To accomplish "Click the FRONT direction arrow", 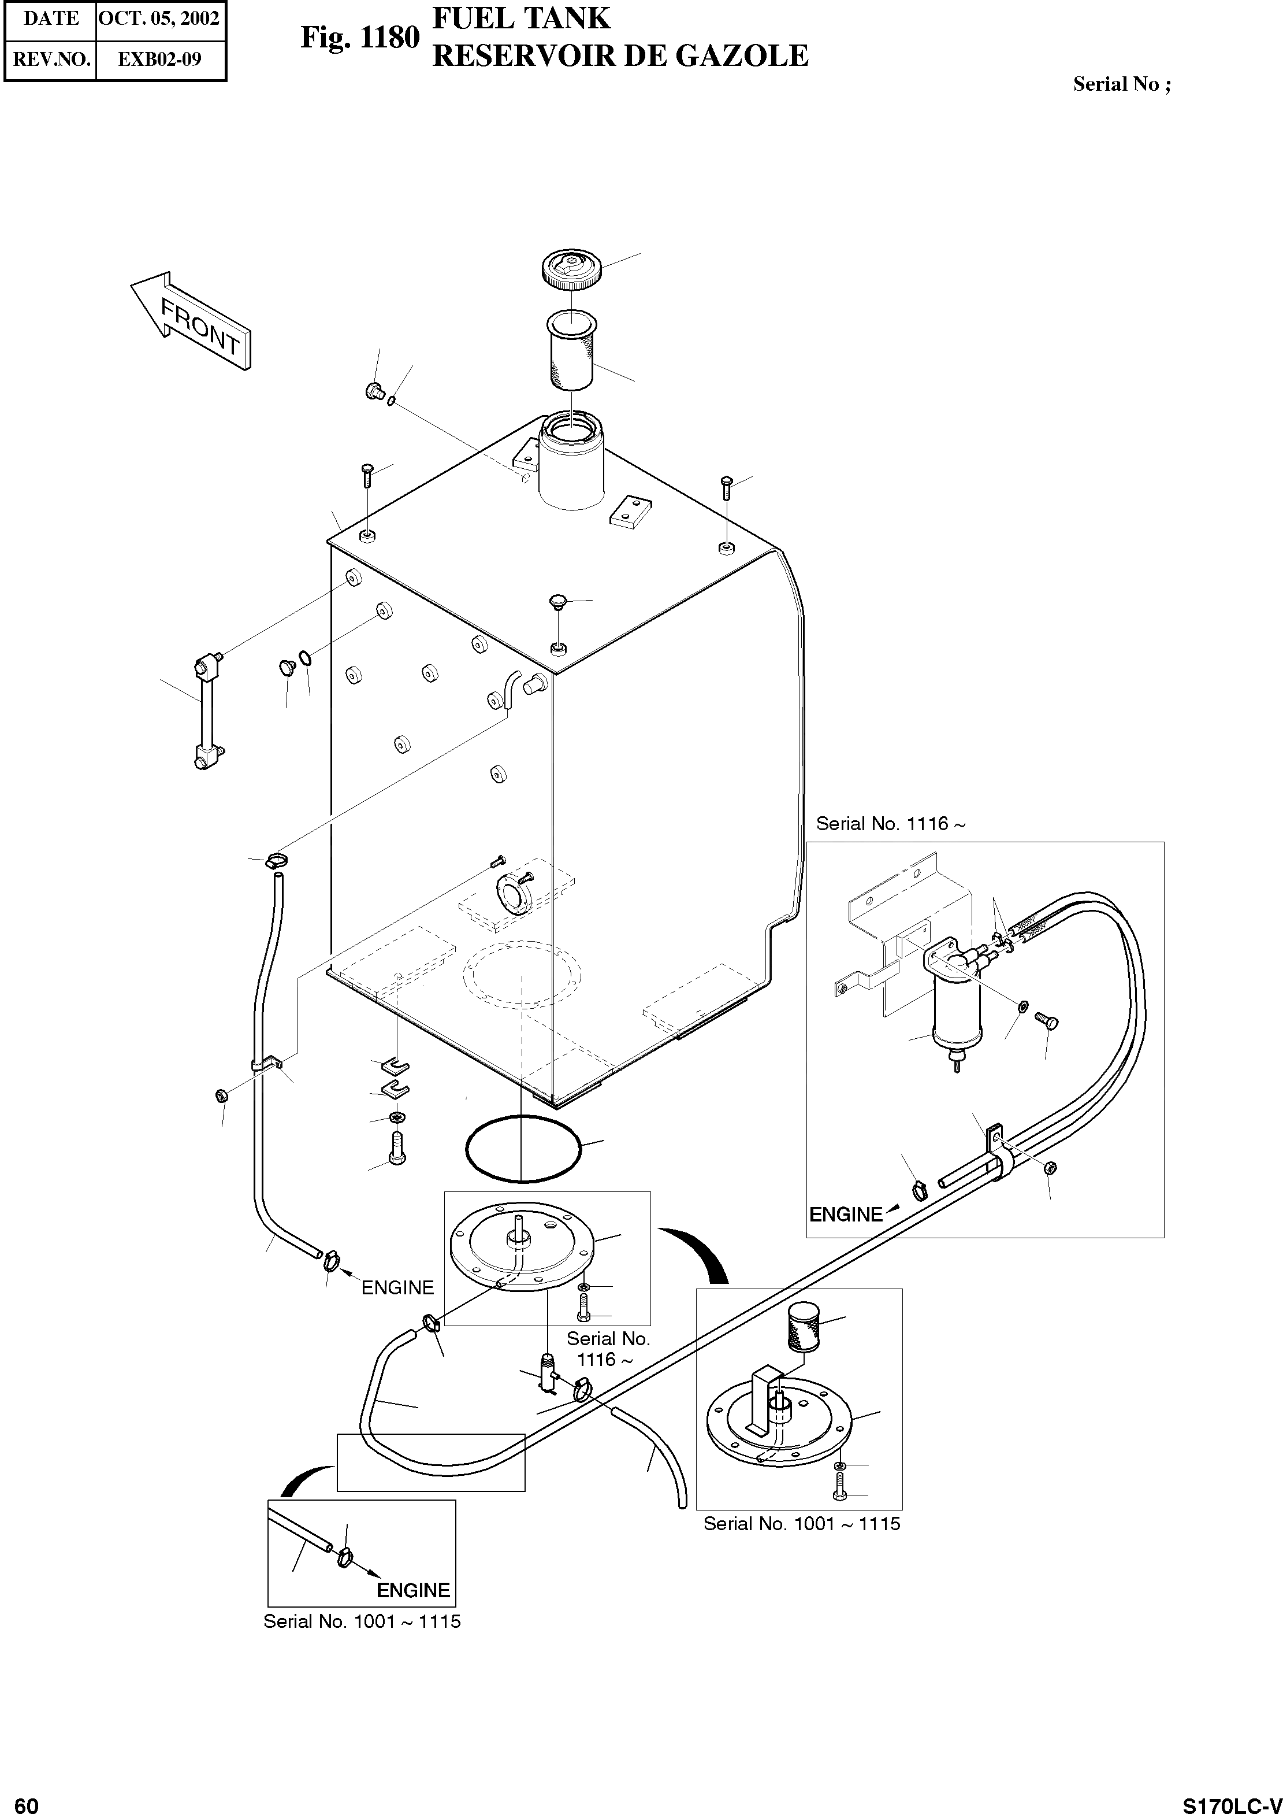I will point(192,321).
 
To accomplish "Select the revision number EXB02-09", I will point(159,60).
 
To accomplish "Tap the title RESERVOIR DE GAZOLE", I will point(620,56).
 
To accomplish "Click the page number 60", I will point(26,1801).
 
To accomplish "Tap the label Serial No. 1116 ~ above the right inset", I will point(890,824).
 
